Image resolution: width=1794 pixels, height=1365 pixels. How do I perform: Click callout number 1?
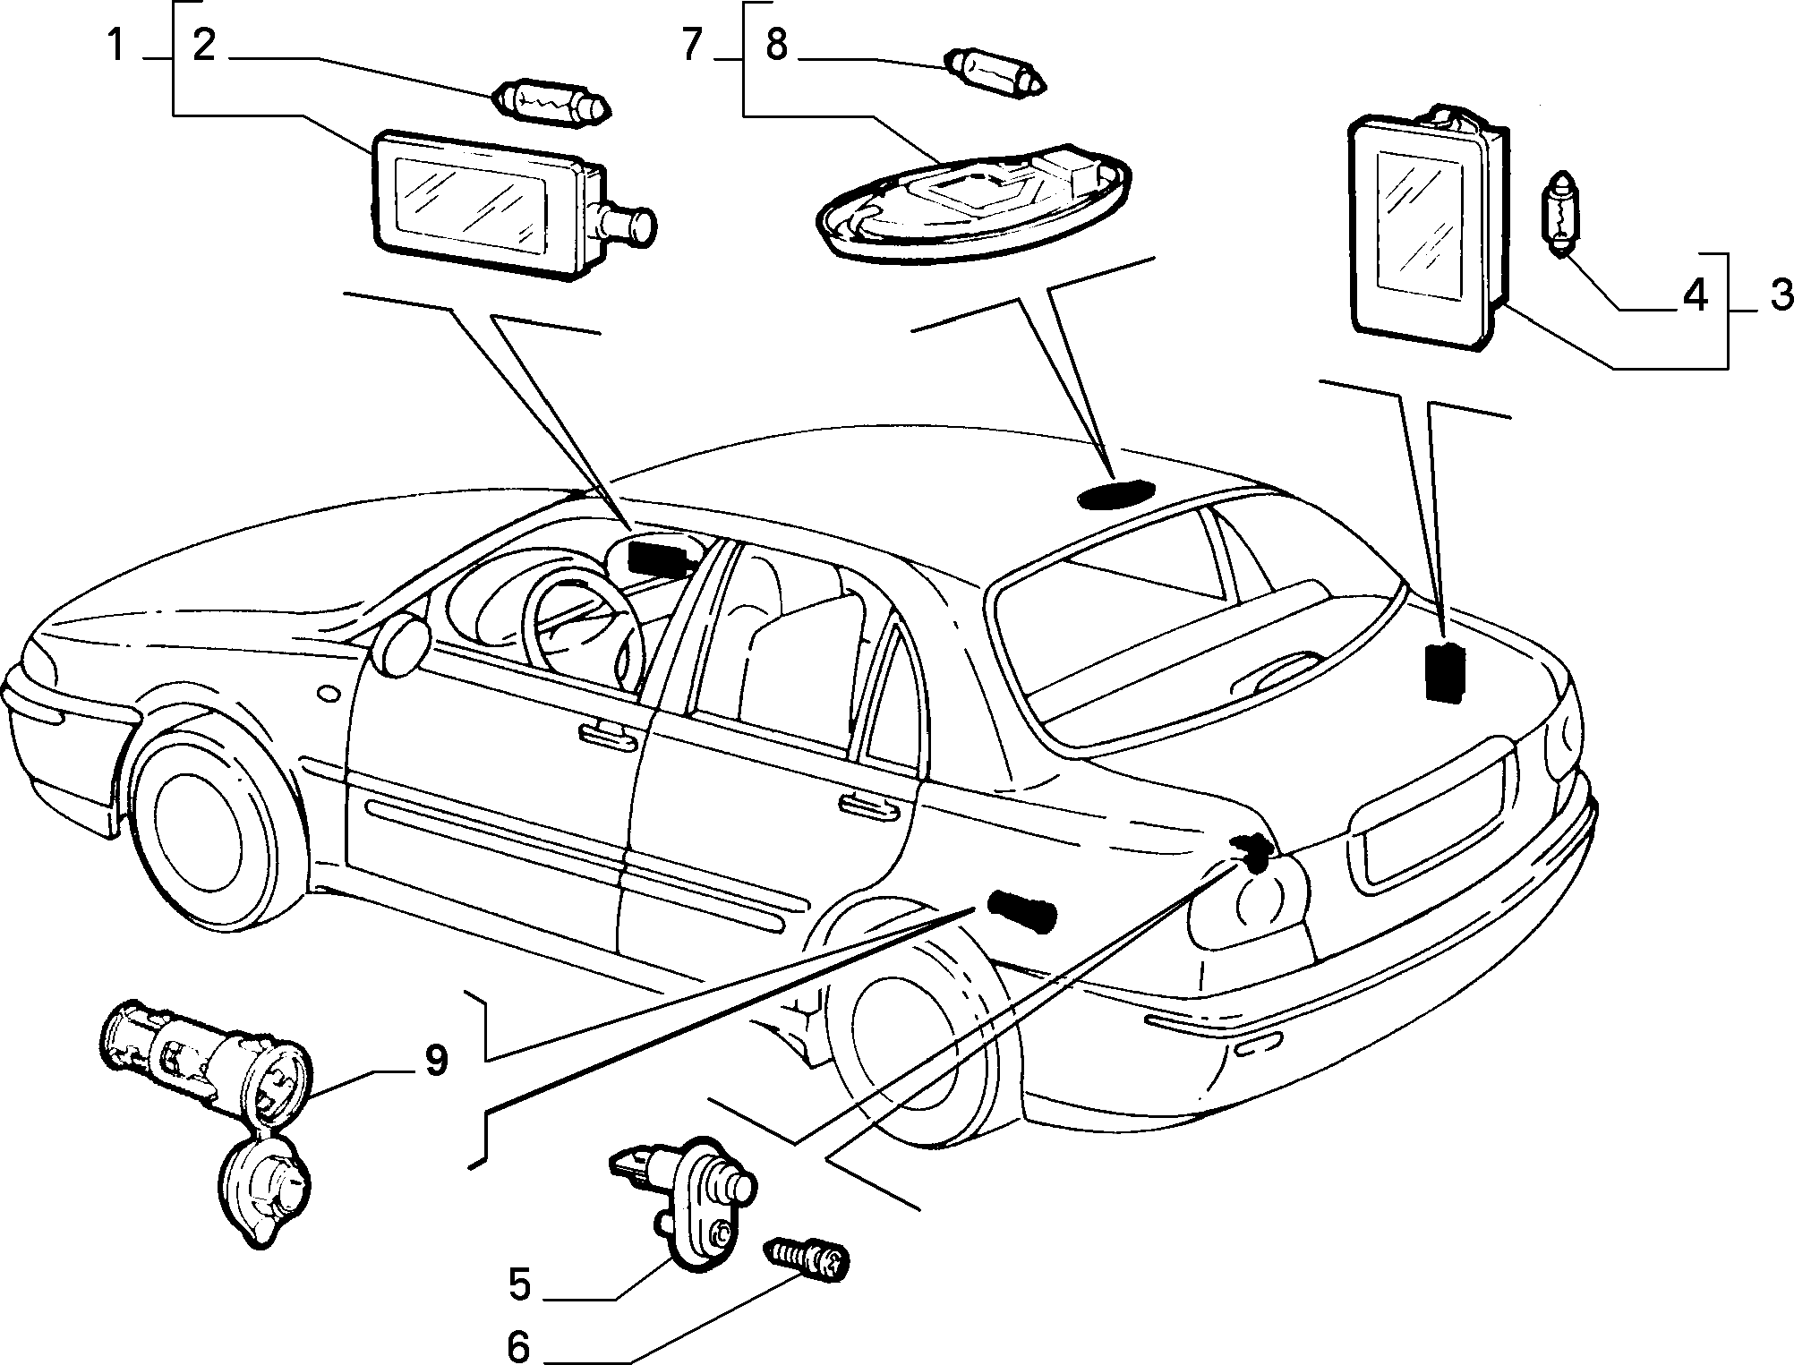115,44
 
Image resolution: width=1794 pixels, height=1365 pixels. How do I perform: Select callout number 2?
204,44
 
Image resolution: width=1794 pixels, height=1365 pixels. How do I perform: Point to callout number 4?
1695,294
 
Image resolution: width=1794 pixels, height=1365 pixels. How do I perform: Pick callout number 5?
520,1285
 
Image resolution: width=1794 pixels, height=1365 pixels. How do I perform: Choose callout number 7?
690,44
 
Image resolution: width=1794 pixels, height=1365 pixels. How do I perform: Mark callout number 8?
776,44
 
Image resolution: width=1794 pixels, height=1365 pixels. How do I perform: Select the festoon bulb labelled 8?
996,73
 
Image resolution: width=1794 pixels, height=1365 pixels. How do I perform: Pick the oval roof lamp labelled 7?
973,203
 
